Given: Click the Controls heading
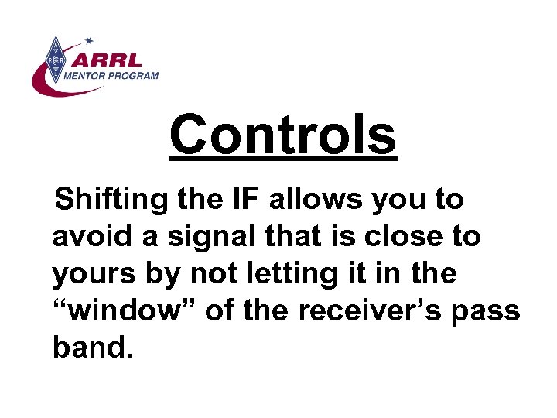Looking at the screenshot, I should [x=282, y=134].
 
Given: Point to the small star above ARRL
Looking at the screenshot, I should [x=88, y=39].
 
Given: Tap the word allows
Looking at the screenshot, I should [x=318, y=199].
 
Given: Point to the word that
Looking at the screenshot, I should [x=299, y=236].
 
